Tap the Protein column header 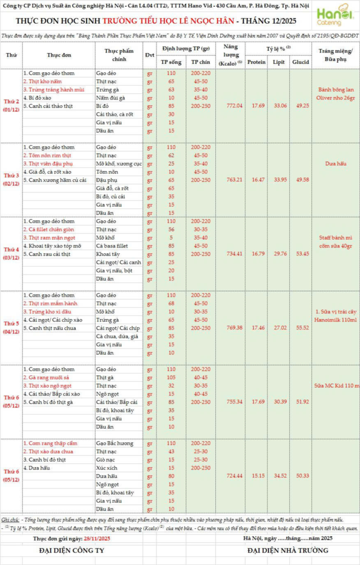[257, 62]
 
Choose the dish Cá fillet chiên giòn [49, 229]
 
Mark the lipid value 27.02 [280, 328]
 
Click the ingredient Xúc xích [106, 468]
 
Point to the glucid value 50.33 [302, 476]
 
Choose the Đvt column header [149, 55]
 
